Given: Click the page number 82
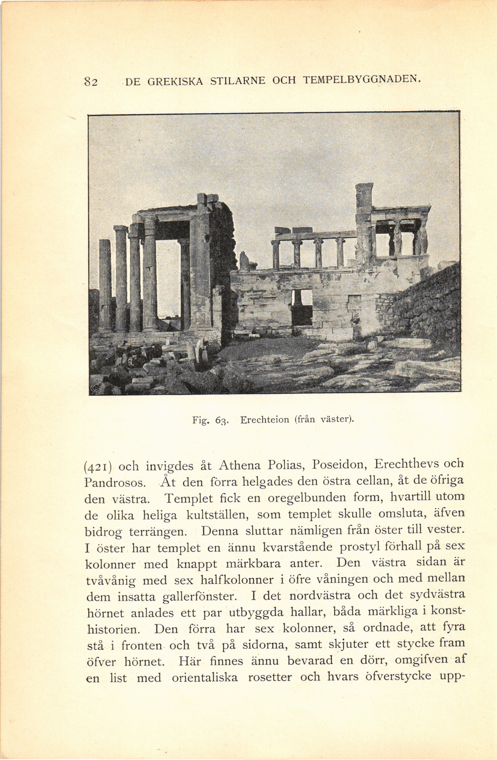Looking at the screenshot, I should [x=92, y=82].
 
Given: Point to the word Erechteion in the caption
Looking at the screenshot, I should [x=264, y=419].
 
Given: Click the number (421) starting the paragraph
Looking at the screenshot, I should [x=98, y=466].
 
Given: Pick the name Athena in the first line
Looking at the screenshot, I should [x=240, y=465].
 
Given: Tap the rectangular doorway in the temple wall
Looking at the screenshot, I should [x=302, y=307].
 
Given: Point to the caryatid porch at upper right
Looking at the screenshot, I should [x=401, y=235].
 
